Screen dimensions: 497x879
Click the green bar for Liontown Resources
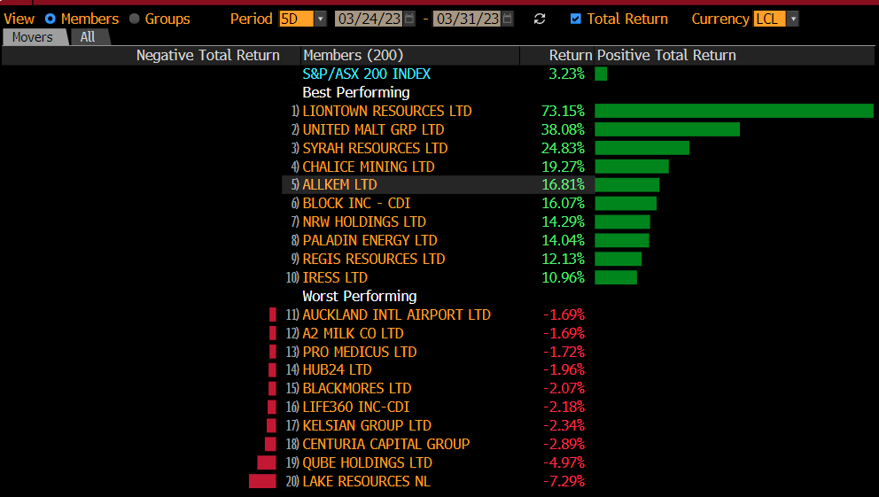(734, 111)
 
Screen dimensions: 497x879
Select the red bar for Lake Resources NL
(263, 481)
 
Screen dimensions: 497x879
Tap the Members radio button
(50, 19)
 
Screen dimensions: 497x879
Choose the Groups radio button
(135, 19)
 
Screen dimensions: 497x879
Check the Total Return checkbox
(576, 19)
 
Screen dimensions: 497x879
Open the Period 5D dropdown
(302, 19)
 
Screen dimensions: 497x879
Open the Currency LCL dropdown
(776, 19)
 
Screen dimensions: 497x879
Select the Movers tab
(33, 37)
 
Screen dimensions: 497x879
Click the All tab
(88, 37)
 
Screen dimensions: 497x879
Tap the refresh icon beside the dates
(540, 19)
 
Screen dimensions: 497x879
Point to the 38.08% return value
(563, 129)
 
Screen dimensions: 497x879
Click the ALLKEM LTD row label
(339, 185)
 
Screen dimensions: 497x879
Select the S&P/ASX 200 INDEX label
(366, 74)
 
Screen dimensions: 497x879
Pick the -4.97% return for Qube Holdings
(563, 462)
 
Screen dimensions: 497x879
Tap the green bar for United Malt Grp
(667, 129)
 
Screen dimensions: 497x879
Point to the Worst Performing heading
(359, 296)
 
